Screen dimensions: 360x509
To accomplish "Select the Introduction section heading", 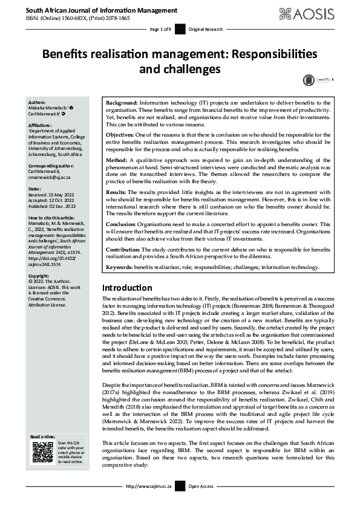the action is tap(127, 288).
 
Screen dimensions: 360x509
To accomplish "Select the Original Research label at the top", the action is tap(206, 29).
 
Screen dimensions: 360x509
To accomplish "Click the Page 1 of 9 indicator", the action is tap(161, 29).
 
